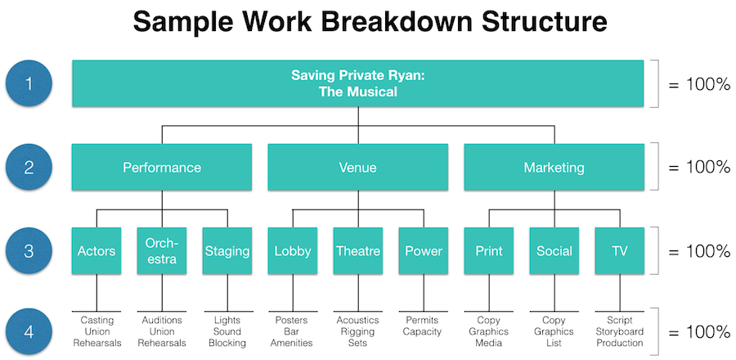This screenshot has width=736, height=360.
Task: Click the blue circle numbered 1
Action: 29,83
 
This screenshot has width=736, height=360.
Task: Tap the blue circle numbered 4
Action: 29,332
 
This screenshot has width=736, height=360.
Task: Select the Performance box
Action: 162,167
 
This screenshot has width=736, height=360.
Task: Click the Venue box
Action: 357,167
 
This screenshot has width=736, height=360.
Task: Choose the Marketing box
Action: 554,167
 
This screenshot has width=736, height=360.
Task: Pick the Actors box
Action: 96,251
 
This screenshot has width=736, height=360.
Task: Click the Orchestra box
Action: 162,251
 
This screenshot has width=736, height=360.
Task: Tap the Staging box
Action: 227,251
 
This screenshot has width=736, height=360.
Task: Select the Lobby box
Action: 293,251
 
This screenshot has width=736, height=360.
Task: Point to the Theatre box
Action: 358,251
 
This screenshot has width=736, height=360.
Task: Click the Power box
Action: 424,251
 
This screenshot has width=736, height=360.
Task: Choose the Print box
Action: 489,251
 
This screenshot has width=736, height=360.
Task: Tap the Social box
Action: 554,251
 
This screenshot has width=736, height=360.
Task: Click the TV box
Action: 620,251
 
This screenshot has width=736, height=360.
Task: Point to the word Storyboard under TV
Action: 620,332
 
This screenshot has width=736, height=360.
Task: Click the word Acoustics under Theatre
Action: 357,321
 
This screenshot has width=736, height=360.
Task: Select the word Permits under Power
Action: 423,321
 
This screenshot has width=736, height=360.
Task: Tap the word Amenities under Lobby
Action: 292,343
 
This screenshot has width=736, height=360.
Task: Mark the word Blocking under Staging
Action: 227,343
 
